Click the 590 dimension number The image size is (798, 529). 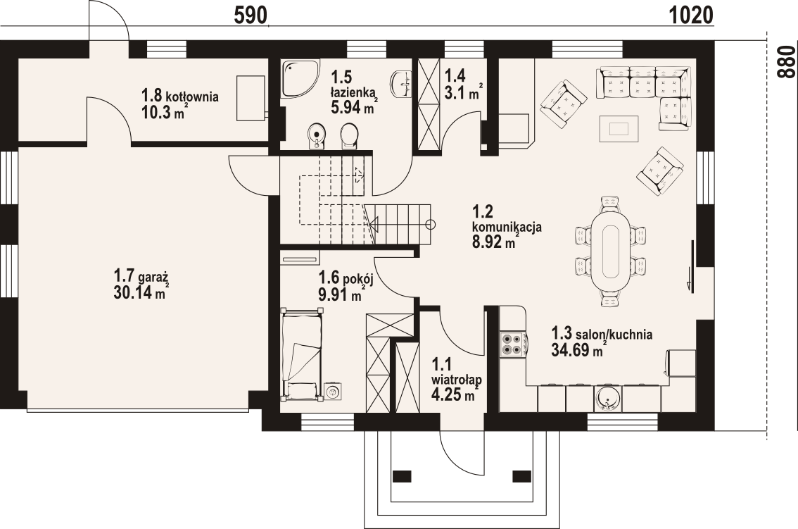[251, 15]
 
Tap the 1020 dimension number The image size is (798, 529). [690, 15]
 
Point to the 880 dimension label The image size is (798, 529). [786, 62]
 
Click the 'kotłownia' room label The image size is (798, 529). [192, 96]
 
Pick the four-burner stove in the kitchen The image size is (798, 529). [512, 344]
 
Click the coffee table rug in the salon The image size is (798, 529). [619, 128]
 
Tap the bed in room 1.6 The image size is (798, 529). [302, 354]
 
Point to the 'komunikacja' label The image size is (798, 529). [507, 228]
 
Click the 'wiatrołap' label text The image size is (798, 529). [457, 380]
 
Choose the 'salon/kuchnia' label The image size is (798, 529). [614, 335]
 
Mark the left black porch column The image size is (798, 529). [402, 475]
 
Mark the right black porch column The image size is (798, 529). [521, 475]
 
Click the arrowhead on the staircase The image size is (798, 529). [372, 224]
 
